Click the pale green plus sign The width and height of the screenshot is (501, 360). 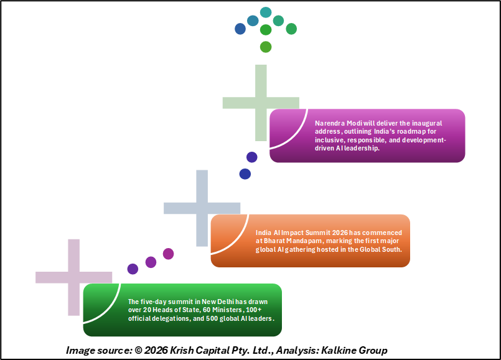click(261, 103)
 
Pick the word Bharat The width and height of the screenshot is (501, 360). click(275, 241)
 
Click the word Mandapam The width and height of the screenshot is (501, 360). click(310, 241)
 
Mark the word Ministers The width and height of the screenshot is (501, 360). click(220, 310)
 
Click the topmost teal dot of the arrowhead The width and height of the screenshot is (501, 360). click(266, 12)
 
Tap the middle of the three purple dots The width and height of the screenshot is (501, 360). click(151, 262)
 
